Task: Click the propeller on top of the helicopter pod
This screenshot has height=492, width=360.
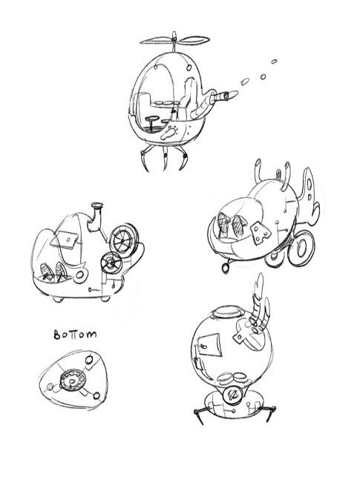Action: [x=174, y=40]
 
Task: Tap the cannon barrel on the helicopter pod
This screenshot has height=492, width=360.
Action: [x=224, y=96]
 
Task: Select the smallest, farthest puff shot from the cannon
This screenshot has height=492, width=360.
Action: [x=274, y=62]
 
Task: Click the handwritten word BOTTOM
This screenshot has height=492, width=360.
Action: [x=75, y=335]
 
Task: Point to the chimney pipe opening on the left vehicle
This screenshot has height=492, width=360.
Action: [x=97, y=206]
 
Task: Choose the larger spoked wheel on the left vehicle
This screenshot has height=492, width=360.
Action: [x=124, y=240]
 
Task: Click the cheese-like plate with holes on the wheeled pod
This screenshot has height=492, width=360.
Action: [x=261, y=233]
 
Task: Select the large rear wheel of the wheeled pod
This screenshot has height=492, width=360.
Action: [x=301, y=248]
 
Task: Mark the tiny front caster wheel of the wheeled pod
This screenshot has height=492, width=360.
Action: [x=225, y=268]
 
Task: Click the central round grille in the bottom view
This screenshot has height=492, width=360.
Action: [x=73, y=380]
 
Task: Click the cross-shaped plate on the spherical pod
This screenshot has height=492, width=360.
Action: [x=245, y=335]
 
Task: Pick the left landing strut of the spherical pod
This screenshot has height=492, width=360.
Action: [x=199, y=415]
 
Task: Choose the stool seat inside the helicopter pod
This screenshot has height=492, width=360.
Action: [x=152, y=121]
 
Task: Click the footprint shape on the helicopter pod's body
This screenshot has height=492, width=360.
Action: [x=169, y=133]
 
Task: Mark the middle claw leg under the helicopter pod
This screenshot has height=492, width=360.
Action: [x=165, y=159]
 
